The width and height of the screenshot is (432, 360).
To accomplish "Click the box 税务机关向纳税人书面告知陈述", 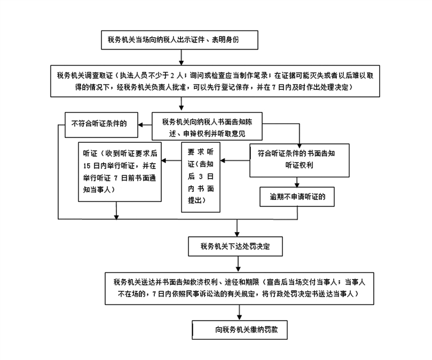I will pyautogui.click(x=208, y=127).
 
